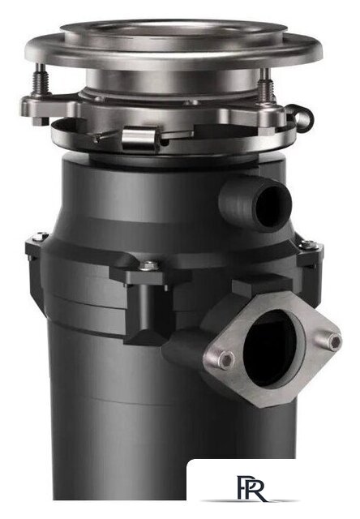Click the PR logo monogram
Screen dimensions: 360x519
[251, 488]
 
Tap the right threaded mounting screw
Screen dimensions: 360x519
[266, 85]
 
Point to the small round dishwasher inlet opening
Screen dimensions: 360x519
[272, 207]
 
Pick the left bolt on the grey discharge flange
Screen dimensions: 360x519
[227, 359]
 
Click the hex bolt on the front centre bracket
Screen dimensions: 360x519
[149, 265]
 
